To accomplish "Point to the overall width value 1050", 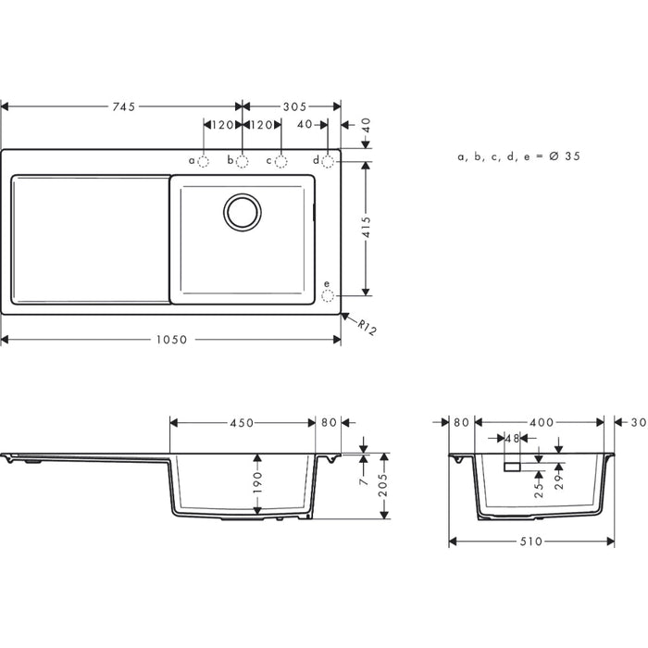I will tap(171, 340).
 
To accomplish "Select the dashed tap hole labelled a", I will tap(205, 161).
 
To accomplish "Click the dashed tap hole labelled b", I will tap(243, 161).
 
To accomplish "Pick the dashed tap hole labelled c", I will tap(281, 161).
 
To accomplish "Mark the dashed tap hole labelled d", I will tap(328, 161).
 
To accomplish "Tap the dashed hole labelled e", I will tap(327, 296).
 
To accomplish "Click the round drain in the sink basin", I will tap(243, 212).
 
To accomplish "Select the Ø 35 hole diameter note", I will tap(518, 157).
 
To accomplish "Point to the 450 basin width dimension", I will tap(243, 423).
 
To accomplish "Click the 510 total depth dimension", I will tap(530, 541).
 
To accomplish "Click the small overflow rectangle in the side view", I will tap(512, 467).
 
